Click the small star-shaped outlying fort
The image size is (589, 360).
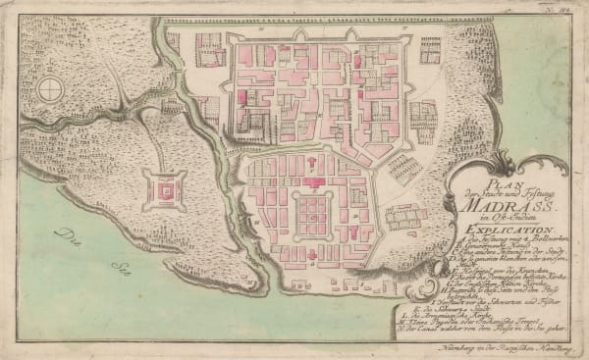tap(163, 185)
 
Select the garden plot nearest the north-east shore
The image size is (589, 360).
tap(430, 48)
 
